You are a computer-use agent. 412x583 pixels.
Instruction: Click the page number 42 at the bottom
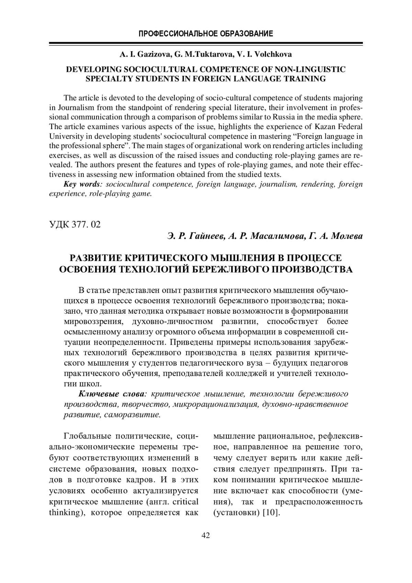coord(206,535)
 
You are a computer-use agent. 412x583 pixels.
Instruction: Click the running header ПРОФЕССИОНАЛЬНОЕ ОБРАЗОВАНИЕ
coord(206,34)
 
